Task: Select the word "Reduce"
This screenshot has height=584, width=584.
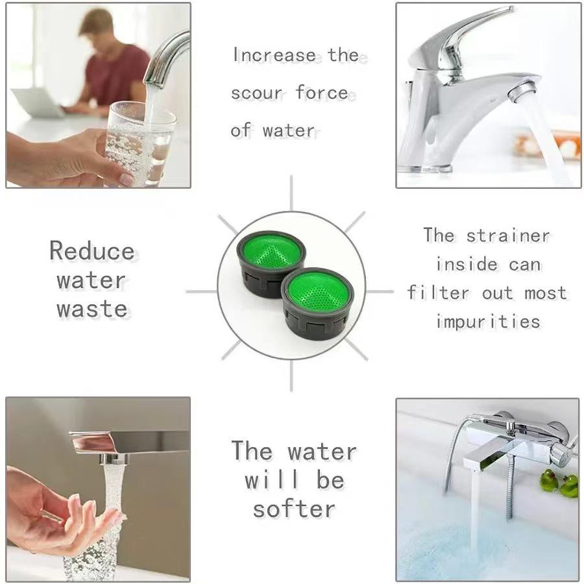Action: click(92, 251)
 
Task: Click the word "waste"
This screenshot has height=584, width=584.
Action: click(91, 308)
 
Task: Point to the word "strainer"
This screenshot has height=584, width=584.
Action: click(507, 235)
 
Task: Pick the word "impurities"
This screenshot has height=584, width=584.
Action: click(488, 321)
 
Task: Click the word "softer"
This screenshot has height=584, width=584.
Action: click(293, 508)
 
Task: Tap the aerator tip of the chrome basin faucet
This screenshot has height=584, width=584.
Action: click(522, 91)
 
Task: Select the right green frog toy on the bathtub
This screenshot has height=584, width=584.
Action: click(569, 485)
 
